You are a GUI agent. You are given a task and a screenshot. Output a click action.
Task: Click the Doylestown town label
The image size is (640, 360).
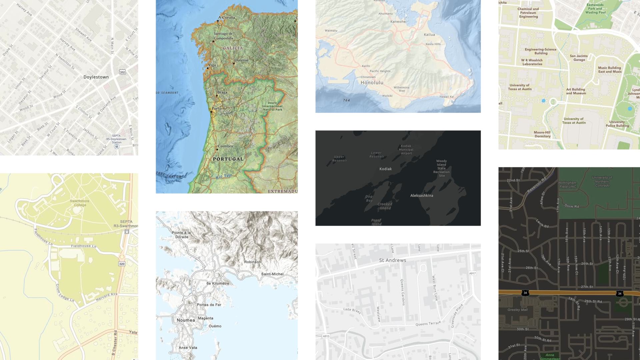tap(96, 77)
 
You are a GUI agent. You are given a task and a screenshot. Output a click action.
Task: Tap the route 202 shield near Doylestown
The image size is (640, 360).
tap(122, 72)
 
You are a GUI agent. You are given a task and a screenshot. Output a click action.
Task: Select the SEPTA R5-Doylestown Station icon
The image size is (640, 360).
tap(117, 146)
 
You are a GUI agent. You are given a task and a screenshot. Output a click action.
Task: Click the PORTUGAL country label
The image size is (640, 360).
tap(228, 159)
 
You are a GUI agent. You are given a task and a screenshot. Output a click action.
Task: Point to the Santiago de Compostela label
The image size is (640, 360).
tap(223, 36)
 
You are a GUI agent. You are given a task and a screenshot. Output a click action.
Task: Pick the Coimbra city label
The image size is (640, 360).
tap(225, 146)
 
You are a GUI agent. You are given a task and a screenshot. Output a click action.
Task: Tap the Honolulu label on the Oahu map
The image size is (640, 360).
tap(372, 83)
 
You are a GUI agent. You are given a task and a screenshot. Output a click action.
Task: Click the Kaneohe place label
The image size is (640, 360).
tap(398, 22)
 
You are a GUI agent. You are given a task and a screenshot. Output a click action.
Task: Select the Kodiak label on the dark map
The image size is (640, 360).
tap(385, 169)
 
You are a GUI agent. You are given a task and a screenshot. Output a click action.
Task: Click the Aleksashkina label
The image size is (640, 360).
tap(422, 196)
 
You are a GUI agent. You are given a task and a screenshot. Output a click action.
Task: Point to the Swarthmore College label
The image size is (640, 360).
tap(80, 203)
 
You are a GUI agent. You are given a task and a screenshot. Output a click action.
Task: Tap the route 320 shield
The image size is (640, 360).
tap(122, 264)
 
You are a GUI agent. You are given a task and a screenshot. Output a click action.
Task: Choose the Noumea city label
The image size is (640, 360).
tap(186, 320)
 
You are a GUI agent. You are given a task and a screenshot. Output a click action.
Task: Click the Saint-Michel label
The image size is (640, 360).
tap(272, 274)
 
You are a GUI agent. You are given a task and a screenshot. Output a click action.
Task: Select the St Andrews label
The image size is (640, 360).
tap(393, 260)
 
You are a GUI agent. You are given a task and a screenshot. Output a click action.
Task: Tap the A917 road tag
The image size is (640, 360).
tap(472, 273)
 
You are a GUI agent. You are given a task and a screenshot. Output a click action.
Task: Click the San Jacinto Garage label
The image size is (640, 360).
tap(579, 58)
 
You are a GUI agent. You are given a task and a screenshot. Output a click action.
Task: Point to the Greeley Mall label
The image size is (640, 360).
tap(517, 310)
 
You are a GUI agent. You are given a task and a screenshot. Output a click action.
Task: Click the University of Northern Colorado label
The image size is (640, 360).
tap(602, 181)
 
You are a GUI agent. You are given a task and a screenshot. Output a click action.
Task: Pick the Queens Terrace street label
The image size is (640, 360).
tap(428, 323)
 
